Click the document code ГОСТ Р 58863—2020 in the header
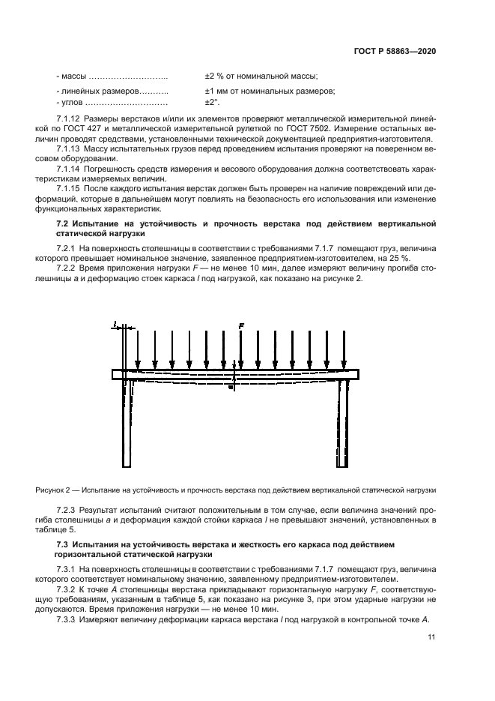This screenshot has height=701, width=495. (x=395, y=50)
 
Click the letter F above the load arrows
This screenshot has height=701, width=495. (x=240, y=326)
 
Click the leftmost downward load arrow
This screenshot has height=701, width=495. (x=137, y=349)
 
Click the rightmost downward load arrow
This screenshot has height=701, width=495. (x=344, y=349)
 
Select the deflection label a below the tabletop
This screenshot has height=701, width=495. (x=231, y=388)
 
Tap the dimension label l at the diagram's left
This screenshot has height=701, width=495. (x=115, y=325)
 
